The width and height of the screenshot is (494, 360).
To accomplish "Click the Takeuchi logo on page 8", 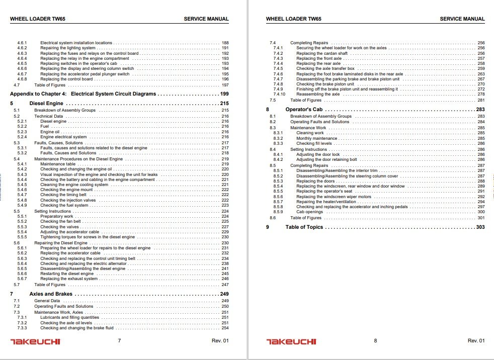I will click(291, 341).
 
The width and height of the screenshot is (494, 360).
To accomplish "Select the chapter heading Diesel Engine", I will click(53, 103).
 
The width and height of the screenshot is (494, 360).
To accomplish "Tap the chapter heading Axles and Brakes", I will click(58, 294).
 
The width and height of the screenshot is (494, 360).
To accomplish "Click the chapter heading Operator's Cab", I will click(303, 109).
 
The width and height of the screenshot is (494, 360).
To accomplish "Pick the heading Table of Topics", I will click(304, 227).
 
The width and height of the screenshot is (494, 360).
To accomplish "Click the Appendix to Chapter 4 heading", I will click(83, 94).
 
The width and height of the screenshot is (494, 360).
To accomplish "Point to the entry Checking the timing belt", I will click(64, 195).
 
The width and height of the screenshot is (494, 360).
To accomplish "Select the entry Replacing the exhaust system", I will click(69, 279).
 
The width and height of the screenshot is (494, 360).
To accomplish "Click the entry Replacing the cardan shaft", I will click(321, 53).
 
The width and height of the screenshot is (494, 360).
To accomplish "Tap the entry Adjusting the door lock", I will click(318, 154).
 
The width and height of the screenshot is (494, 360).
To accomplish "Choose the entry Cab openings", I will click(310, 212).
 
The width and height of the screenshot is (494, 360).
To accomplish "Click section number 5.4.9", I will click(22, 205).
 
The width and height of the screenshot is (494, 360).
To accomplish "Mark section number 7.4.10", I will click(279, 94).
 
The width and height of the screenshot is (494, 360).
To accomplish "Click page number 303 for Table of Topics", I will click(480, 227).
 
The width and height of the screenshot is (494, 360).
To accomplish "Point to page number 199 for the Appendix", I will click(224, 94).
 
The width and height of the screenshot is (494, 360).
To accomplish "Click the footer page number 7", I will click(119, 341).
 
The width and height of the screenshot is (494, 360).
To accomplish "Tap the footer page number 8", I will click(375, 341).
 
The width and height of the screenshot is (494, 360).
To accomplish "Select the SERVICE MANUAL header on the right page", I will click(462, 19).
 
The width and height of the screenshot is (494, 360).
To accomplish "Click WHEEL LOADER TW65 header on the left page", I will click(38, 19).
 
